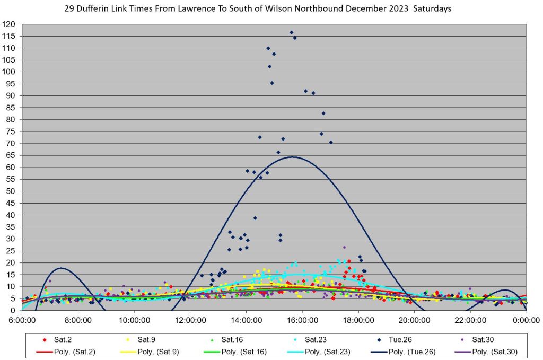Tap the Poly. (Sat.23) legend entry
(327, 351)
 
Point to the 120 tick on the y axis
(8, 24)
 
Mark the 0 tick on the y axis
(13, 310)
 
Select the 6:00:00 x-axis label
(22, 320)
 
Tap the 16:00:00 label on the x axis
(302, 320)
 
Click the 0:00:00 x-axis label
(526, 320)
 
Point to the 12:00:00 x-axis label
(190, 320)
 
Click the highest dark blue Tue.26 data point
(291, 32)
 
